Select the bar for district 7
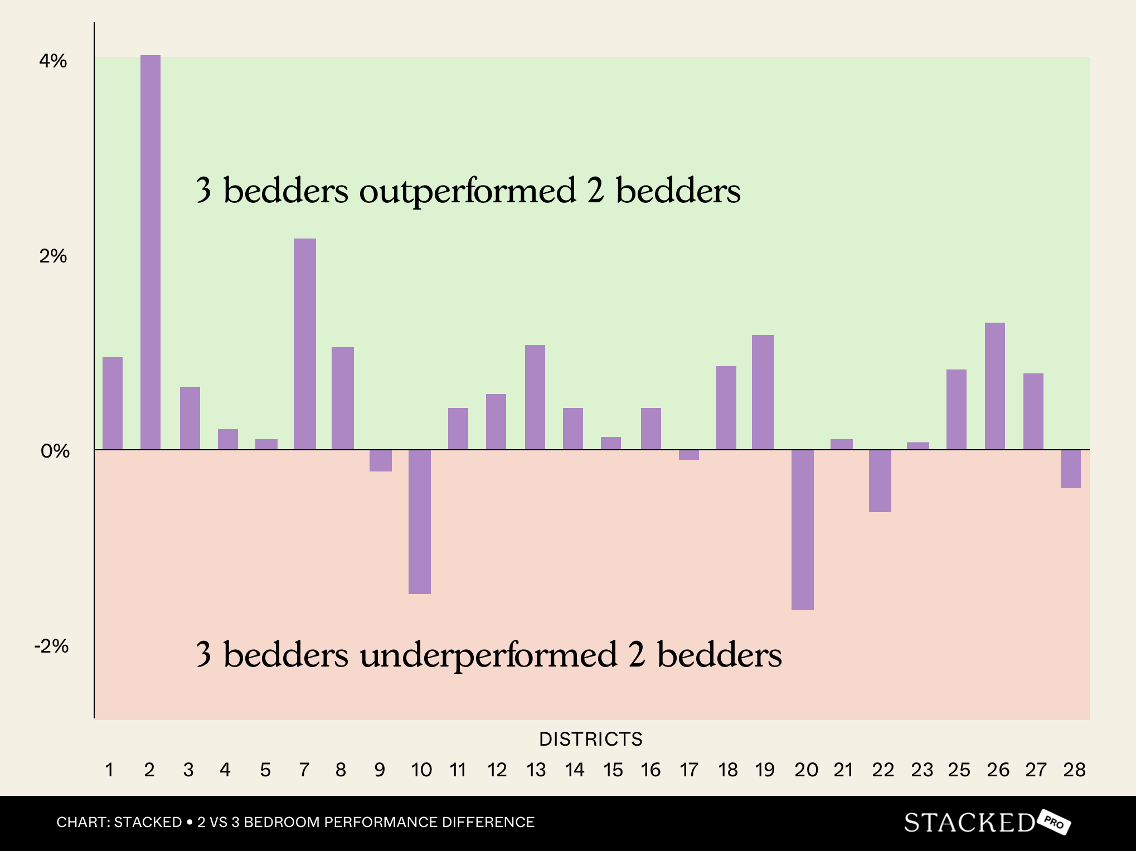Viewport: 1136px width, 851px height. (x=305, y=344)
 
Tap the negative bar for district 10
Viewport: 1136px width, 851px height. (x=420, y=522)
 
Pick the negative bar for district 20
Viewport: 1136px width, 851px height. (x=803, y=529)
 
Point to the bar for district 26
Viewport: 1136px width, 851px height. (x=995, y=386)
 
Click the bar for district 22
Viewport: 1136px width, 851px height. (x=880, y=480)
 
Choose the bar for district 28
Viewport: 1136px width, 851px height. (x=1071, y=469)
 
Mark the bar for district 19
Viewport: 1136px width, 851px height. (x=763, y=392)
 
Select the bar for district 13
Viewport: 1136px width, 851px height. (x=535, y=397)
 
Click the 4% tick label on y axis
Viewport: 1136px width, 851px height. (x=53, y=61)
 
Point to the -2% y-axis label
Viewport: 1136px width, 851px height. (x=52, y=646)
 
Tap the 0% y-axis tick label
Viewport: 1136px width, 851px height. (x=55, y=451)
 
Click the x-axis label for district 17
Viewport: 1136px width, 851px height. (x=689, y=770)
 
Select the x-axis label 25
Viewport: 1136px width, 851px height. (x=959, y=770)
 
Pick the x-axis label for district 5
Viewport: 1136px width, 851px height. (x=265, y=770)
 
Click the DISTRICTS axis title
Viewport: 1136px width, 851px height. (x=591, y=739)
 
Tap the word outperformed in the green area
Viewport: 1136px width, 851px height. (x=467, y=191)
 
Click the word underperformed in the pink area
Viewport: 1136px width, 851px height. (x=488, y=655)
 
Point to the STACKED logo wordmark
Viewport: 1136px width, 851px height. (x=969, y=823)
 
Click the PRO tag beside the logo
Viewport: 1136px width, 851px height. (x=1055, y=822)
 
